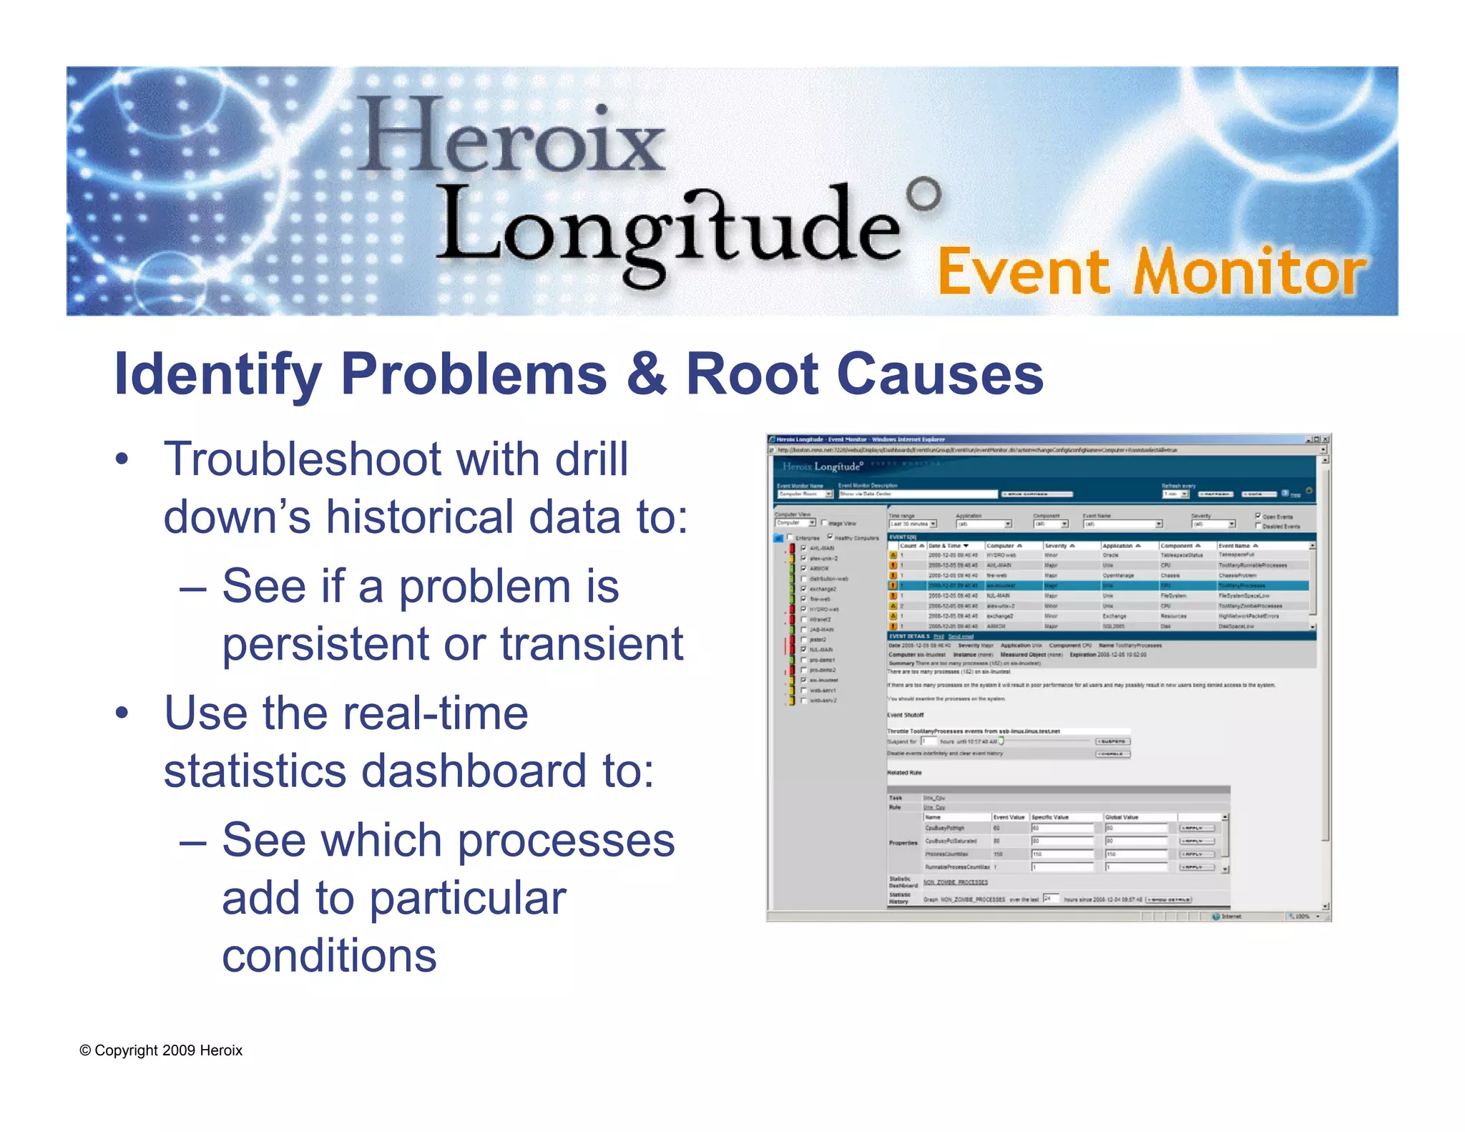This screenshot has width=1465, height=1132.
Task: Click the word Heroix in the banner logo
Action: (x=511, y=136)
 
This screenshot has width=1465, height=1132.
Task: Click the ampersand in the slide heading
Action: (x=647, y=374)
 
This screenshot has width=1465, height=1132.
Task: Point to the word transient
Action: (x=592, y=643)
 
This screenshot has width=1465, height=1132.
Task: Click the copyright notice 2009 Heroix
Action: (x=161, y=1050)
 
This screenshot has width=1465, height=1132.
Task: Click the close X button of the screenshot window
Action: (x=1325, y=439)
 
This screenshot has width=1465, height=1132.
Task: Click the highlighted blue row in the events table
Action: (x=1098, y=585)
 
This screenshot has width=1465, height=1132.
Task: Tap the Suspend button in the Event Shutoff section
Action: (x=1113, y=741)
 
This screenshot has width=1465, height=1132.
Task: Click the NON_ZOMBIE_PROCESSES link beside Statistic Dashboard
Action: (x=956, y=882)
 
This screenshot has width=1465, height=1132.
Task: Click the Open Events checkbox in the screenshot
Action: (x=1258, y=516)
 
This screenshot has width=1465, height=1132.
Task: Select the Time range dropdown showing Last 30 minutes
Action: (x=913, y=524)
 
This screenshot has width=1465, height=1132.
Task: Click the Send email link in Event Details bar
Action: (x=961, y=636)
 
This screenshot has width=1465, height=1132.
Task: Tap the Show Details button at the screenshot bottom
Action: (x=1168, y=900)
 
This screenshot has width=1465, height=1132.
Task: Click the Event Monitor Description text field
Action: (x=917, y=494)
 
